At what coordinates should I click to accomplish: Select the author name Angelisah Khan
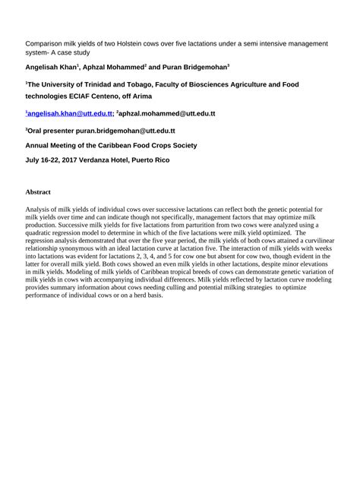point(53,68)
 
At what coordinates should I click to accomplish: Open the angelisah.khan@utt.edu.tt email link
point(71,114)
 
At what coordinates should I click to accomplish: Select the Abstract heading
point(39,192)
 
